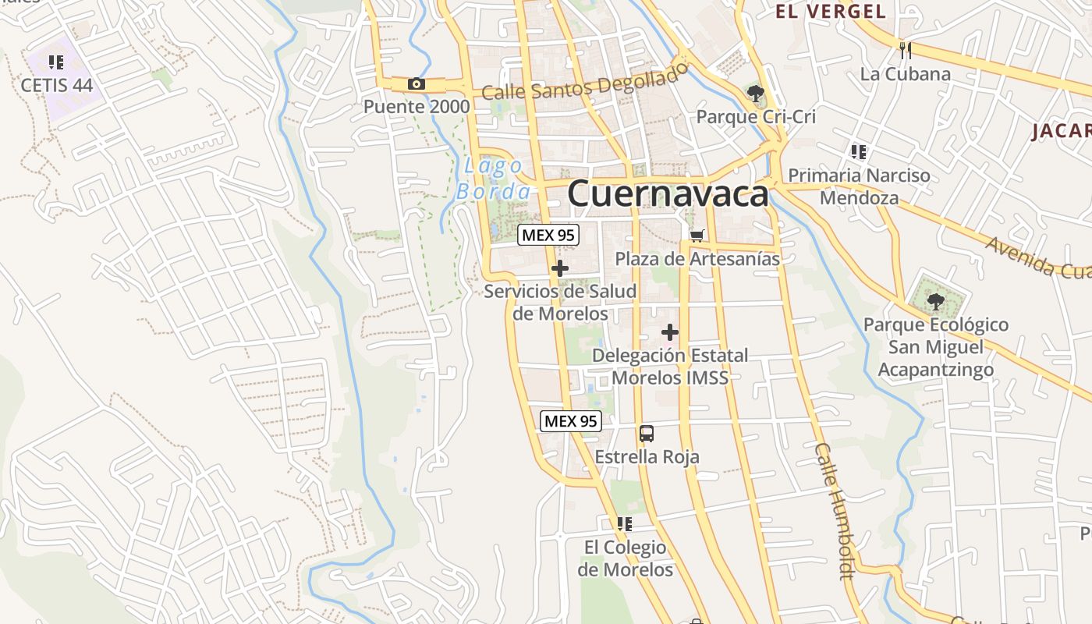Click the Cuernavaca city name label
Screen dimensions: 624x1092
coord(668,193)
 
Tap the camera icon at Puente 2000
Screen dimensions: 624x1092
coord(417,84)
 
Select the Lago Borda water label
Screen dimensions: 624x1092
coord(494,179)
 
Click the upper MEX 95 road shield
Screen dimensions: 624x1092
coord(549,234)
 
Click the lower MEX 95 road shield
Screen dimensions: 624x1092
coord(571,421)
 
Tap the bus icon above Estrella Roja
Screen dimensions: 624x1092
coord(647,434)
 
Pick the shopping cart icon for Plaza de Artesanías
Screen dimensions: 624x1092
coord(697,235)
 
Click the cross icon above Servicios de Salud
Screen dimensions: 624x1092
coord(559,269)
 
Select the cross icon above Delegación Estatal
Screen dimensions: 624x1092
coord(669,333)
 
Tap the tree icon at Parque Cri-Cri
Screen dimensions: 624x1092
coord(755,94)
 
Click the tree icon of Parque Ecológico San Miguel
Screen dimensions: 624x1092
coord(935,301)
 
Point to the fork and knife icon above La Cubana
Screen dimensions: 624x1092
coord(906,51)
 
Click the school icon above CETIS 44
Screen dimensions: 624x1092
coord(55,62)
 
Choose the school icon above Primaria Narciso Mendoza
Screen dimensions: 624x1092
coord(859,151)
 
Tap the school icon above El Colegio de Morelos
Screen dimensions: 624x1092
coord(624,524)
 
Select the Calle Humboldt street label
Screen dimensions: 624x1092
coord(835,511)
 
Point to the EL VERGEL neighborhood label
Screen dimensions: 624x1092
coord(831,12)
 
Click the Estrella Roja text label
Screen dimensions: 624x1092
coord(647,457)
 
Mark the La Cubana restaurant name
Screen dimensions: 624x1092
coord(905,74)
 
